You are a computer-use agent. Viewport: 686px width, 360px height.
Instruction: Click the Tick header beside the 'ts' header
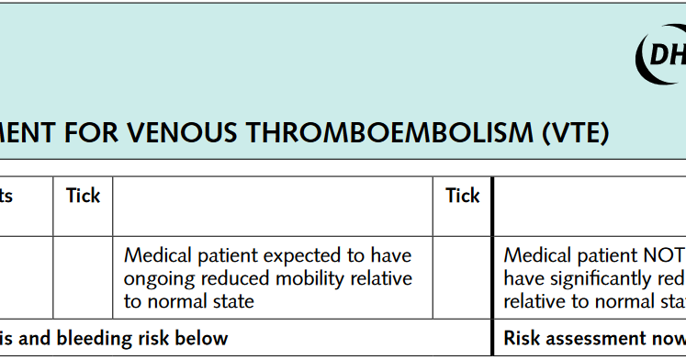click(83, 195)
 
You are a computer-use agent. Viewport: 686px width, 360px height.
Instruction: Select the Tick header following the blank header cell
click(463, 195)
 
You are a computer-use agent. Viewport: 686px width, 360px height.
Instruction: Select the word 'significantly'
click(598, 278)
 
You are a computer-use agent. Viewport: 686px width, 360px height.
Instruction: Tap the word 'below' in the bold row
click(203, 338)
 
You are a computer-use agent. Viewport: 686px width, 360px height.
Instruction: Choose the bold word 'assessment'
click(598, 338)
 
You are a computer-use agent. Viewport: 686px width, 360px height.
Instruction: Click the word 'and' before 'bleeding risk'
click(36, 338)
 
